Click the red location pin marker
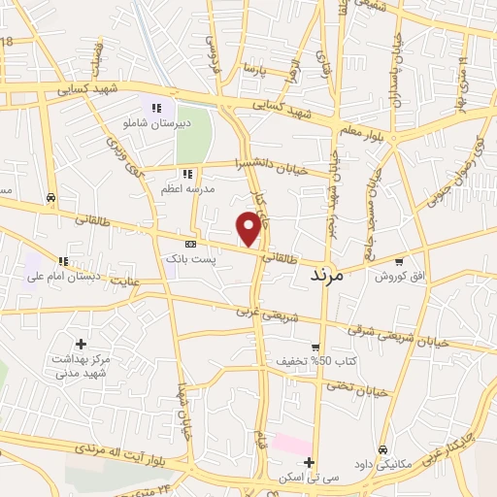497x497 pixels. (250, 227)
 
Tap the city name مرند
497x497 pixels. (326, 276)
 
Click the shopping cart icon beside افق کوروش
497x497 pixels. (400, 262)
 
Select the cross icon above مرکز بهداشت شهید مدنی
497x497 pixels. (81, 344)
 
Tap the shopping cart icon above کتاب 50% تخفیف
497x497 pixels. (315, 347)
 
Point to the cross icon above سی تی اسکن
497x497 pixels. (309, 462)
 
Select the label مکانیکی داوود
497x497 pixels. (383, 464)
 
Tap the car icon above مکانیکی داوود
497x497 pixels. (383, 449)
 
